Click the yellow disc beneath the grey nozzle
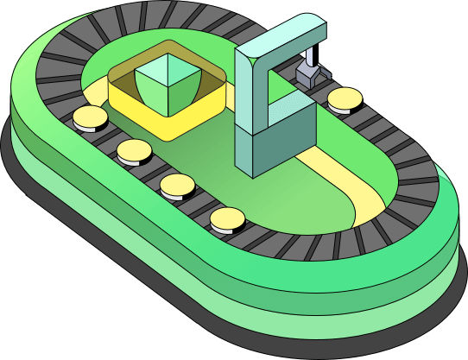[345, 98]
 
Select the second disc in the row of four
[134, 152]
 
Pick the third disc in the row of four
[178, 184]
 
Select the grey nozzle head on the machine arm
[307, 75]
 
